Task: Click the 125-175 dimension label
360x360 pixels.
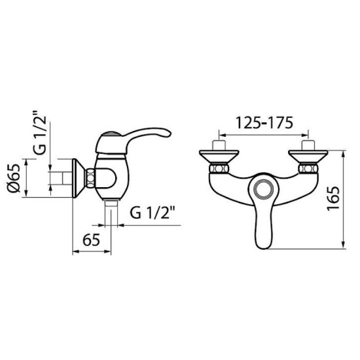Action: pos(264,123)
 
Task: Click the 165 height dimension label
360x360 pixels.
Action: pos(333,199)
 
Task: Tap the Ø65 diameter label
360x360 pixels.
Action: pos(14,178)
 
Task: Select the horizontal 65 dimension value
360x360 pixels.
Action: pos(91,240)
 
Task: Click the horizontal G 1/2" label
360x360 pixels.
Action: pos(153,213)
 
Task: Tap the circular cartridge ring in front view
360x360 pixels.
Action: pos(264,189)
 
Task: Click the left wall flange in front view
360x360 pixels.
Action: pos(219,156)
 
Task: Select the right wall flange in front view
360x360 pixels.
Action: pos(308,156)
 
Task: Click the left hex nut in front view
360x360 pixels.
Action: pos(219,169)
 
